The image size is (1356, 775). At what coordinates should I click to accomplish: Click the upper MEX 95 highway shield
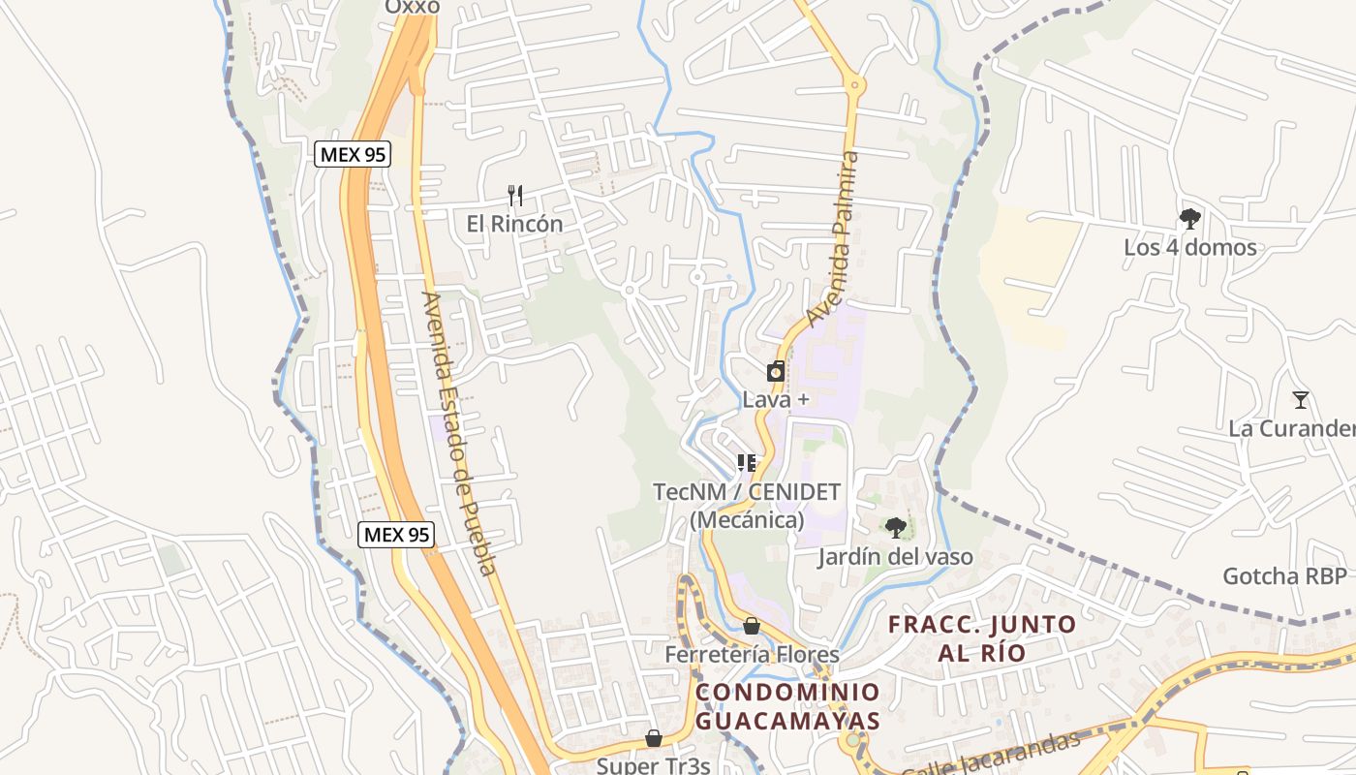(x=353, y=153)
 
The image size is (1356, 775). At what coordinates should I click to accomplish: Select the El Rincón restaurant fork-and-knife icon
(x=515, y=196)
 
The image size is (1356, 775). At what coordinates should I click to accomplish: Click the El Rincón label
(x=514, y=224)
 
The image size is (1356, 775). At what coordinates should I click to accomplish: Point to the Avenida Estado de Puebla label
(x=460, y=433)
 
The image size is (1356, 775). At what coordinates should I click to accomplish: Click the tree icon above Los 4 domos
(x=1189, y=219)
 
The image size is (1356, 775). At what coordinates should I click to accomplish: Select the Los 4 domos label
(x=1189, y=247)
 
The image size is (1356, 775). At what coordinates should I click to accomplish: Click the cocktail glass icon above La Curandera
(x=1300, y=399)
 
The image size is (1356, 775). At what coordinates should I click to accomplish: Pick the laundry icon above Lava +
(x=776, y=371)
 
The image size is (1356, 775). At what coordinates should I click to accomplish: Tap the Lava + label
(x=776, y=399)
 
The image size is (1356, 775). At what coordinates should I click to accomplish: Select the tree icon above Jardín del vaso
(x=896, y=528)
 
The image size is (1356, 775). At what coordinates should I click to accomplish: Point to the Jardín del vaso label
(x=895, y=557)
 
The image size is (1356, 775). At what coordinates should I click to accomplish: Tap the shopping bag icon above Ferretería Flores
(x=752, y=626)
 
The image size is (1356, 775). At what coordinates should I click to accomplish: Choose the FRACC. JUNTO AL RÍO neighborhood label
(x=981, y=637)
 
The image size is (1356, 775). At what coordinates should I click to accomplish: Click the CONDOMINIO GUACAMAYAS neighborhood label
(x=787, y=706)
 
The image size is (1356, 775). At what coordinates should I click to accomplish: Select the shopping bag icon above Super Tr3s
(x=654, y=738)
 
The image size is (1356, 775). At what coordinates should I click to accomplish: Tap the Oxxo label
(x=413, y=7)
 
